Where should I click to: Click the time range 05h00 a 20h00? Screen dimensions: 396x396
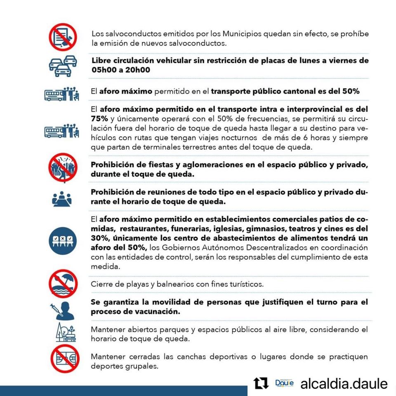pyautogui.click(x=120, y=70)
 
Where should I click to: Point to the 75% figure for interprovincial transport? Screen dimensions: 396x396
pyautogui.click(x=99, y=118)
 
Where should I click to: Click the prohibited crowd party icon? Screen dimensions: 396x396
pyautogui.click(x=63, y=167)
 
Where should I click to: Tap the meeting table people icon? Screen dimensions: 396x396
pyautogui.click(x=62, y=199)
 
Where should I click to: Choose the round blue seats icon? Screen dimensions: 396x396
pyautogui.click(x=63, y=240)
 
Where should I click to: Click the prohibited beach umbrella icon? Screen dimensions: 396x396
pyautogui.click(x=63, y=283)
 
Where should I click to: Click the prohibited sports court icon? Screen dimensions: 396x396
pyautogui.click(x=64, y=360)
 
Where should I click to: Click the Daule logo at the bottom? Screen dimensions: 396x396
pyautogui.click(x=284, y=384)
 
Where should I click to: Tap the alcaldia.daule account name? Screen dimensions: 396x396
pyautogui.click(x=344, y=384)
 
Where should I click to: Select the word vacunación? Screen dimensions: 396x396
pyautogui.click(x=160, y=311)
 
